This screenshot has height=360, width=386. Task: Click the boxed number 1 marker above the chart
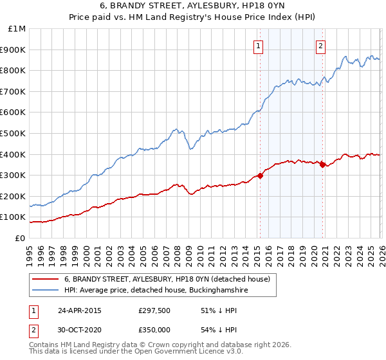tap(258, 46)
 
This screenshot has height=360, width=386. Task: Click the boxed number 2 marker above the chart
tap(320, 46)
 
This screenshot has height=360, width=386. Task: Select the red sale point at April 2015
tap(260, 175)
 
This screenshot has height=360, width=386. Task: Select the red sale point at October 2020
tap(323, 165)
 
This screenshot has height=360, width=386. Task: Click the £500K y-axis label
tap(14, 134)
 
